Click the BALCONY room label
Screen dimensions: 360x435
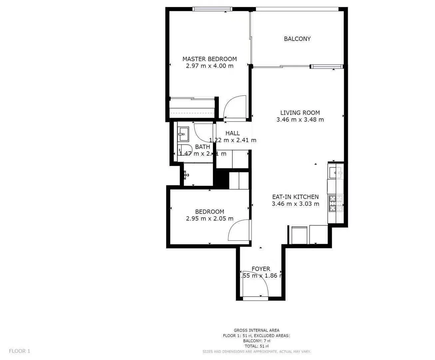point(297,39)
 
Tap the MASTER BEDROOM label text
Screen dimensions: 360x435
point(210,59)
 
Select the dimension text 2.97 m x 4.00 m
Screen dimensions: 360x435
point(210,66)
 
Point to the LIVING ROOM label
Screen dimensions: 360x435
point(300,113)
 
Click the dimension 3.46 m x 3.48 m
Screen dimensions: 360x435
point(300,120)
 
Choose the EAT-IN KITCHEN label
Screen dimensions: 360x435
point(295,197)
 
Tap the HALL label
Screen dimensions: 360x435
point(232,133)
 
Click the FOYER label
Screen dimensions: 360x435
point(260,269)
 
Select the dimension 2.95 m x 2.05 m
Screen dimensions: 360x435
point(210,219)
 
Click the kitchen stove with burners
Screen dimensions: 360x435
point(336,203)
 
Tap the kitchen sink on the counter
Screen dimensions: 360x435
point(335,172)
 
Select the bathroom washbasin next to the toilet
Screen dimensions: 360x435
point(183,134)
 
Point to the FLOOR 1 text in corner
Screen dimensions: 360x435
point(19,351)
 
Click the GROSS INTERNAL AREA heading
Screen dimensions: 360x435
point(256,330)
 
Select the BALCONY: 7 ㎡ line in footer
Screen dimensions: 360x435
point(256,341)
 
